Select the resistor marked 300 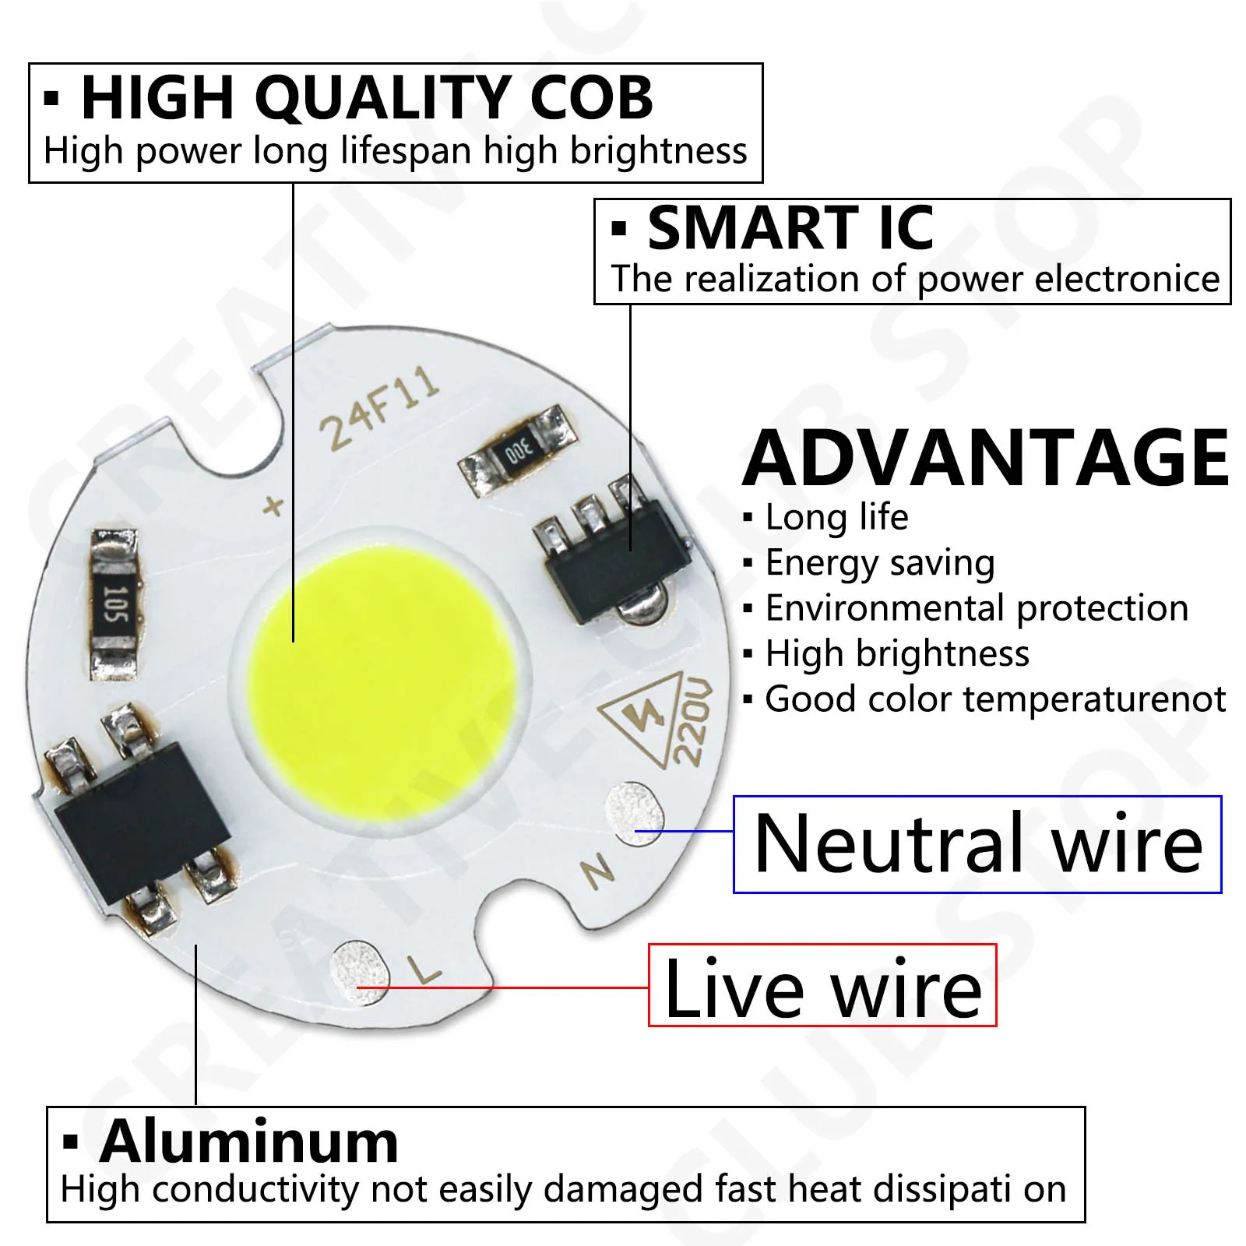coord(518,450)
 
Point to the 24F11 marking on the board coord(380,409)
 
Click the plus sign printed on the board coord(273,506)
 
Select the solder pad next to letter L coord(359,973)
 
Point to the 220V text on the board coord(692,721)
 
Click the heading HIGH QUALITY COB coord(367,98)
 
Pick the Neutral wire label coord(978,844)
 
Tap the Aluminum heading coord(248,1142)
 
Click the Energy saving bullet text coord(879,563)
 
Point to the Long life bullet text coord(836,517)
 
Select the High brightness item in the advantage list coord(896,653)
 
